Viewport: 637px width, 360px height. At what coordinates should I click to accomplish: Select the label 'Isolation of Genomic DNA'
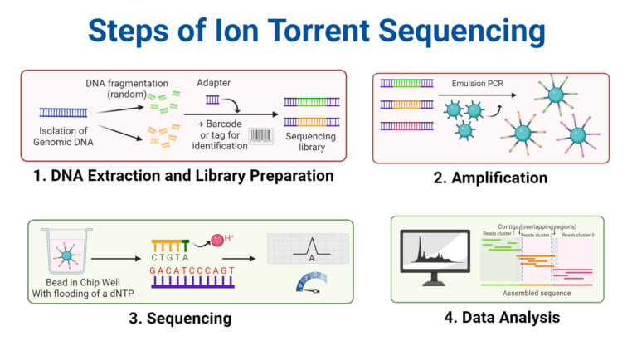(63, 136)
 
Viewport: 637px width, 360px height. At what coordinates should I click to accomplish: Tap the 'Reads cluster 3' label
(577, 235)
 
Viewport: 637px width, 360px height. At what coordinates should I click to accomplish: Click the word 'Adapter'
(215, 84)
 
